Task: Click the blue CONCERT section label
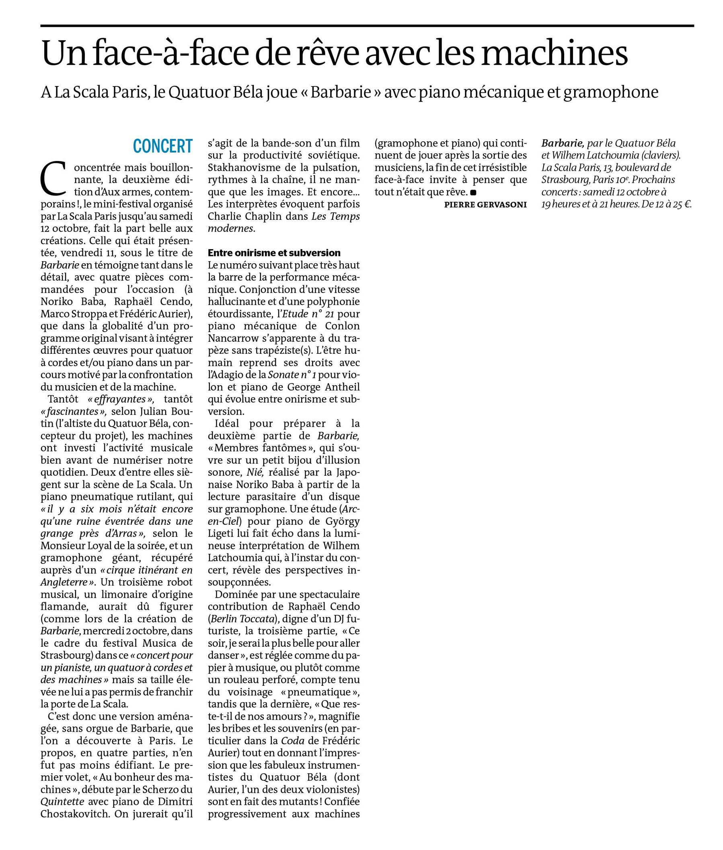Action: tap(163, 146)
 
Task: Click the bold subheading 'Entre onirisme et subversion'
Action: tap(274, 253)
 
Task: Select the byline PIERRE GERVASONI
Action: tap(485, 205)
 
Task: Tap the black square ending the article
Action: tap(473, 192)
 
